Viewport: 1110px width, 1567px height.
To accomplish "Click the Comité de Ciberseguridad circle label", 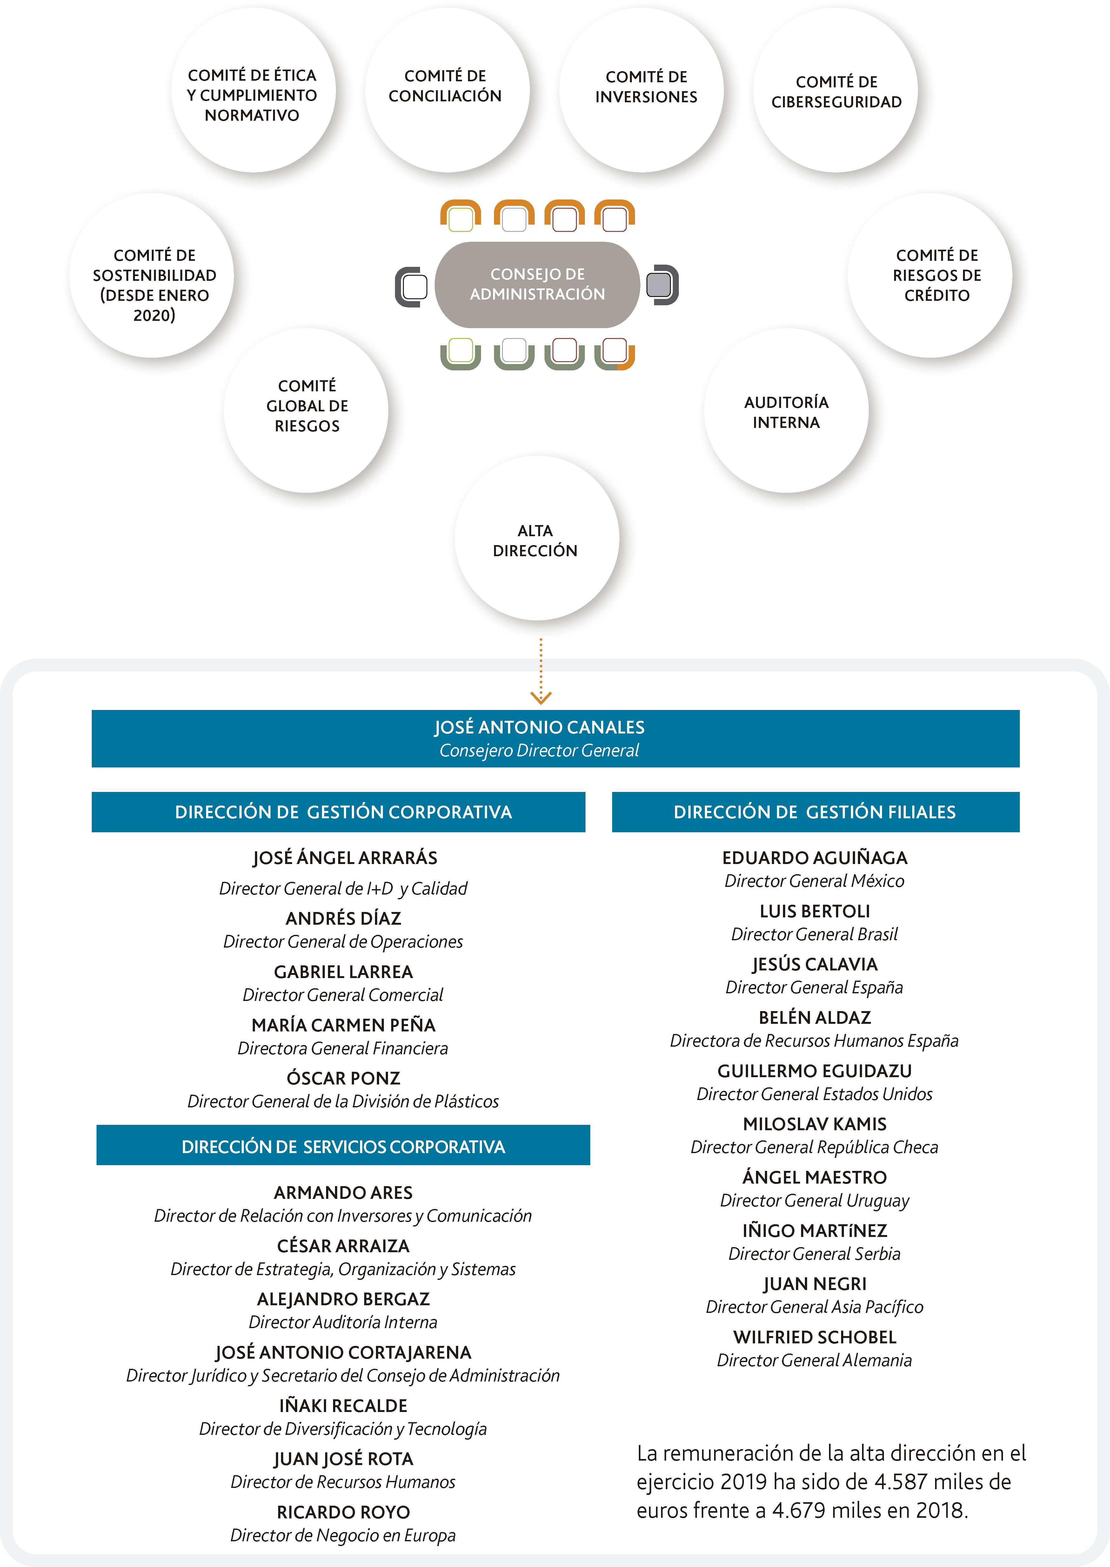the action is click(837, 91).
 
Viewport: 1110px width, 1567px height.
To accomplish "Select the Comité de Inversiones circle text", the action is click(646, 87).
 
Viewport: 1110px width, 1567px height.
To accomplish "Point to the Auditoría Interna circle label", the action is click(786, 412).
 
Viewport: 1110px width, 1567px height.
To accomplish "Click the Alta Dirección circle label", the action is click(535, 541).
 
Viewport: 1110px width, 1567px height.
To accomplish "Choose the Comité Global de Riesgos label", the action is click(307, 406).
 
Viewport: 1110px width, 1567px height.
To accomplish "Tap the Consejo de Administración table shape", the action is click(537, 284).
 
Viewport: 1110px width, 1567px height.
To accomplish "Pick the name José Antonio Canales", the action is click(539, 727).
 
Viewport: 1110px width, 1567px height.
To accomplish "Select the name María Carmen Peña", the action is click(343, 1025).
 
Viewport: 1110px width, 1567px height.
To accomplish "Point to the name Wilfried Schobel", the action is click(815, 1337).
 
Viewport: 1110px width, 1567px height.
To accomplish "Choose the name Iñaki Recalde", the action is click(343, 1406).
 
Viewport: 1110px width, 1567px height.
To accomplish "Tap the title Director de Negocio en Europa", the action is click(343, 1536).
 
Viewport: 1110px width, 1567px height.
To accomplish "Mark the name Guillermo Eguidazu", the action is click(815, 1071).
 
